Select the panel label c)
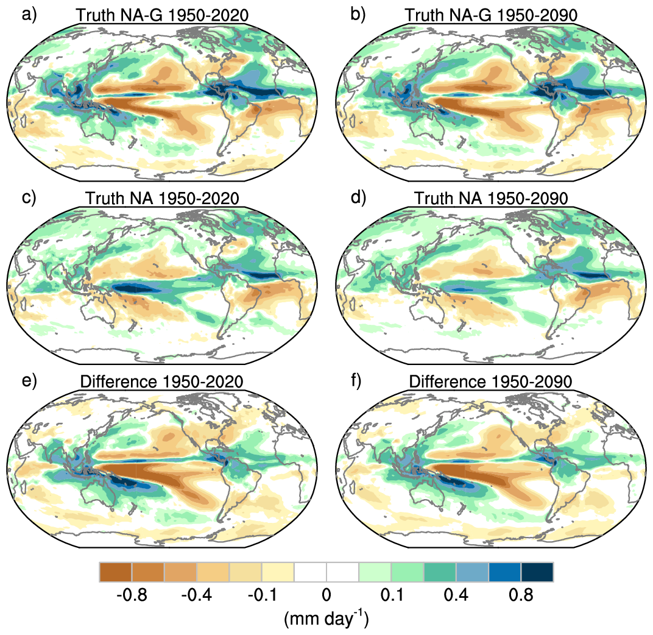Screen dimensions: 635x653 click(x=29, y=199)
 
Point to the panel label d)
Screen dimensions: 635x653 click(x=358, y=199)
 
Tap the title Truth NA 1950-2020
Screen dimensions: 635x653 click(x=162, y=199)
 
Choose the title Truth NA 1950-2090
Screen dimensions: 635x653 click(x=490, y=199)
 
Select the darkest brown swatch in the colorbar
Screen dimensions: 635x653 click(x=116, y=572)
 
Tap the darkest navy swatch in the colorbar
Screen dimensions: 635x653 click(x=537, y=572)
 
